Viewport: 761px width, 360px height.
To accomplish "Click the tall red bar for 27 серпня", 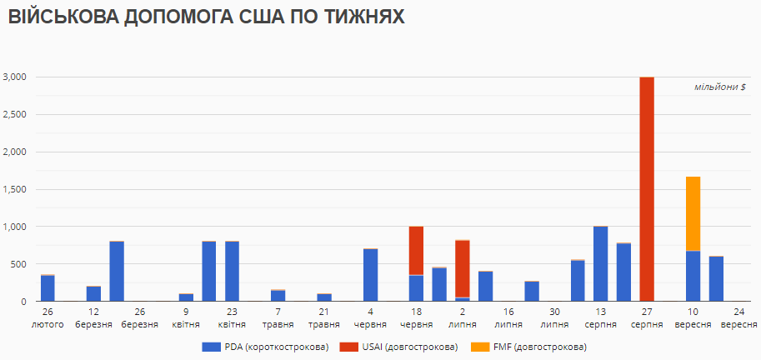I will pos(646,188).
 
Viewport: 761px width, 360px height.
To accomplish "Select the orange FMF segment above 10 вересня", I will pos(693,213).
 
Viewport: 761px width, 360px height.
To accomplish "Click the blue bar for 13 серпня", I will pos(600,263).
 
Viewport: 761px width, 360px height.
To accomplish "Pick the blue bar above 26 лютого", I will pos(48,287).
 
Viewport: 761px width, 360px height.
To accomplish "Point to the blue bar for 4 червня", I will pos(370,275).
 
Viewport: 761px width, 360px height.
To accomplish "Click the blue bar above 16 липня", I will pos(485,286).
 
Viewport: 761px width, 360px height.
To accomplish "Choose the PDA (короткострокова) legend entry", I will pos(265,346).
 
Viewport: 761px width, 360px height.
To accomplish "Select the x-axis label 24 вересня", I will pos(738,317).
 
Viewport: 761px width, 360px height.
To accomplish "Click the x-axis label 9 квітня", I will pos(186,317).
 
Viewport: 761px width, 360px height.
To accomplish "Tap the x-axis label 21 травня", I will pos(324,317).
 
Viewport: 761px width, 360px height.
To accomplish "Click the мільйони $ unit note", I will pos(720,87).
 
